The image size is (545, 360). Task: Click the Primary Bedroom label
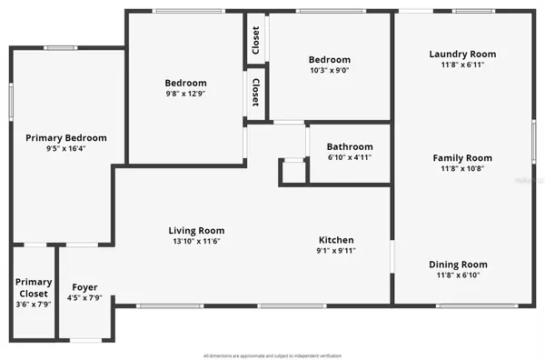65,137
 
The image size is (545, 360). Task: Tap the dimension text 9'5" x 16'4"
65,149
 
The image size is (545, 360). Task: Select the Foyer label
84,287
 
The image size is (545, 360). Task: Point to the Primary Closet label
34,288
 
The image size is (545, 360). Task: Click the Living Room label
196,230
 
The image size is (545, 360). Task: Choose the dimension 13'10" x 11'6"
196,242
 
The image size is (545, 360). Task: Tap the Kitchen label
335,240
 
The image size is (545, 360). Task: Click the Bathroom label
350,146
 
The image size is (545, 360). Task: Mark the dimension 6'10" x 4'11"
350,157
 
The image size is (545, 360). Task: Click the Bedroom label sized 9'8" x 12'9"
185,83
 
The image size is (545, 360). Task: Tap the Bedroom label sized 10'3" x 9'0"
330,60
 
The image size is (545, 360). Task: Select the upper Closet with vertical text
256,39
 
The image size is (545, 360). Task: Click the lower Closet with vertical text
256,93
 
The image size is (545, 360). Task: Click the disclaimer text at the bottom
272,355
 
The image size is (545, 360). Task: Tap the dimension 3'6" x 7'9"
34,305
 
